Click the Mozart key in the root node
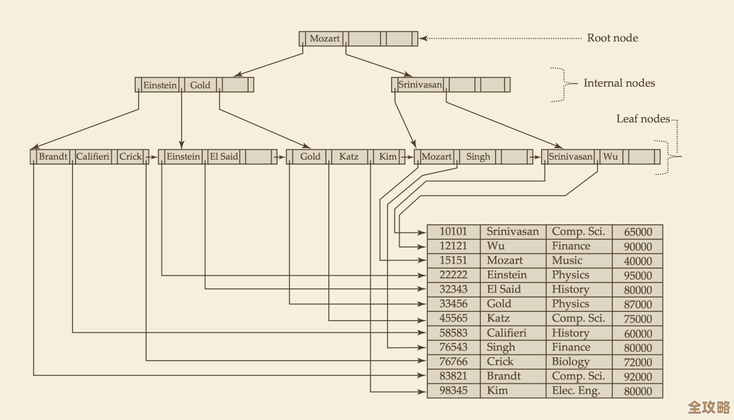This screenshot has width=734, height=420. click(x=324, y=39)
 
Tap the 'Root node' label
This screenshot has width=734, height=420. click(x=612, y=38)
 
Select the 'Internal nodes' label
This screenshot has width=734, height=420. click(x=619, y=83)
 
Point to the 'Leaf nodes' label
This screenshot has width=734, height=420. click(x=642, y=119)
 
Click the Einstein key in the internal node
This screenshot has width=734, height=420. click(x=160, y=85)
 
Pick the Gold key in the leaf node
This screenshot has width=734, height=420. click(x=310, y=157)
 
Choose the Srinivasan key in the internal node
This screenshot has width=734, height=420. click(x=420, y=85)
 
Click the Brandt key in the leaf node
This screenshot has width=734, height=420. click(x=53, y=157)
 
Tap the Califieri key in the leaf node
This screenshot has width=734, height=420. click(x=93, y=157)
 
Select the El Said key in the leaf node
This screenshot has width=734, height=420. click(x=224, y=157)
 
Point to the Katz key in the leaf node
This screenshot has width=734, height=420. click(x=348, y=157)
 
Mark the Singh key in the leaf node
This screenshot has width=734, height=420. click(x=478, y=157)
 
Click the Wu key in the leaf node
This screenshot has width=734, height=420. click(x=610, y=157)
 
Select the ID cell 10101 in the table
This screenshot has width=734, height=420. click(x=453, y=232)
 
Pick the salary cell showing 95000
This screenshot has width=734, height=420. click(x=638, y=275)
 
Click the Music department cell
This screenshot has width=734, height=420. click(x=567, y=261)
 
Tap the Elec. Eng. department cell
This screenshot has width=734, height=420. click(x=576, y=391)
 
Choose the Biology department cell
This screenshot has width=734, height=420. click(x=570, y=362)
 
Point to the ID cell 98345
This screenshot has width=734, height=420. click(x=453, y=391)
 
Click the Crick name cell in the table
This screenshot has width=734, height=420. click(x=500, y=362)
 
